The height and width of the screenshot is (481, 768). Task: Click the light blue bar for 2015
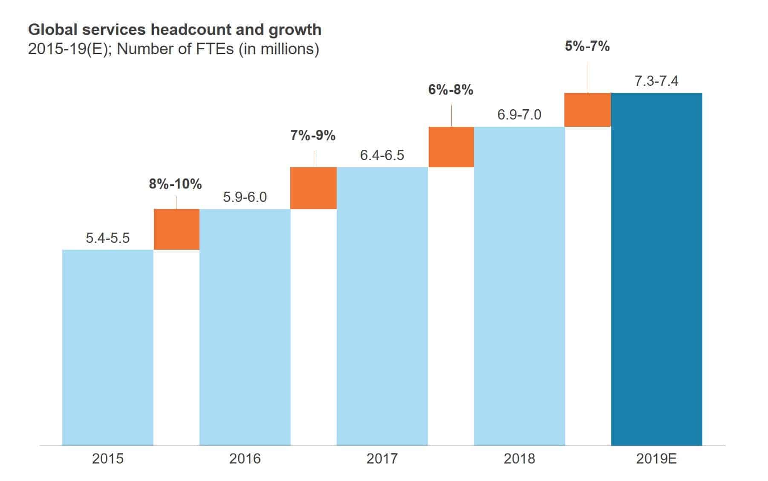107,347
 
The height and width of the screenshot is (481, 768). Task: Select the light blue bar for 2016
245,327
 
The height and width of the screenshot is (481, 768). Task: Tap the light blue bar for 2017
382,306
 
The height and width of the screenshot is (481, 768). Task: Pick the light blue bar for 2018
519,286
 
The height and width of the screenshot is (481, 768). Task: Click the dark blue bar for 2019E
656,269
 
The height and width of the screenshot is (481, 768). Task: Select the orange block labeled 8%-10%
176,229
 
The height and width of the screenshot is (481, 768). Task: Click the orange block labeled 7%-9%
313,188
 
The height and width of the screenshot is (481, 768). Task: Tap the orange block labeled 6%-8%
451,147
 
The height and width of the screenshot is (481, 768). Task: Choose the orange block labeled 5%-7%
587,110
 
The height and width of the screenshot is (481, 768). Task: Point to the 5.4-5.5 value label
107,238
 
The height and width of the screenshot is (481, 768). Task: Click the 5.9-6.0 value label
245,197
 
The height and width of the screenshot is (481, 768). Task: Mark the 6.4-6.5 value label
382,155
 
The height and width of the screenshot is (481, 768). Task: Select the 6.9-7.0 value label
519,114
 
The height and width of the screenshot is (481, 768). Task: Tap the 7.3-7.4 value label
656,81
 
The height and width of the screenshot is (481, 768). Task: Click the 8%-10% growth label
175,184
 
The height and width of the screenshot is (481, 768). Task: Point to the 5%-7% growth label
587,46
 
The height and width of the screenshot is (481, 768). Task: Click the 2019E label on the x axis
656,458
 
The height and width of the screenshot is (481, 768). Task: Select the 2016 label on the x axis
245,458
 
